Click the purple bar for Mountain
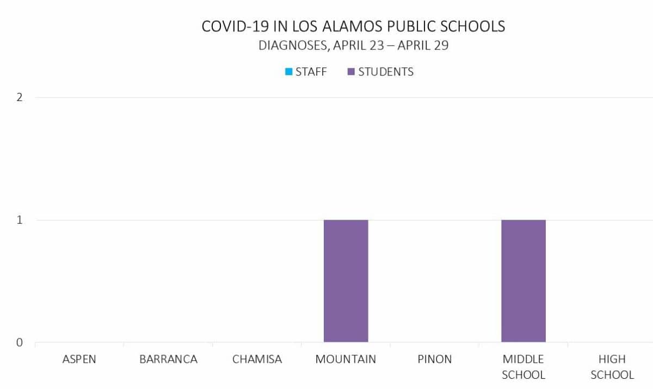click(x=346, y=281)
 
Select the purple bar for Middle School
click(x=523, y=281)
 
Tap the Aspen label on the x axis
click(x=79, y=359)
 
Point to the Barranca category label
click(x=168, y=359)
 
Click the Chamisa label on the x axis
click(x=257, y=359)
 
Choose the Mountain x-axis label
click(x=346, y=359)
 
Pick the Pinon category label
click(x=435, y=359)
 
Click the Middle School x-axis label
click(x=523, y=367)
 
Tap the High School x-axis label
click(x=612, y=367)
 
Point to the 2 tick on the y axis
click(x=20, y=98)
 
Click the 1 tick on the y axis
click(x=20, y=221)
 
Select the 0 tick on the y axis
click(x=20, y=343)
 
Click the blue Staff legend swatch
click(x=289, y=72)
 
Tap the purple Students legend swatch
click(x=351, y=72)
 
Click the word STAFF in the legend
click(x=311, y=72)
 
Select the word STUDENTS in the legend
click(x=386, y=72)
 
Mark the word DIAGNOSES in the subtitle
click(x=293, y=45)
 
